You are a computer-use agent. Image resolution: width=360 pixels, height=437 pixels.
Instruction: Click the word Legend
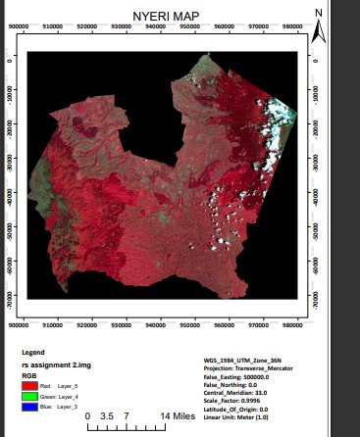33,352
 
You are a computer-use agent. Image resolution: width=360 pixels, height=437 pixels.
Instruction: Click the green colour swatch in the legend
28,395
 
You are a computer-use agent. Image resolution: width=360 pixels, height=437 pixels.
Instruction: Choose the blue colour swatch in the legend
28,406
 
